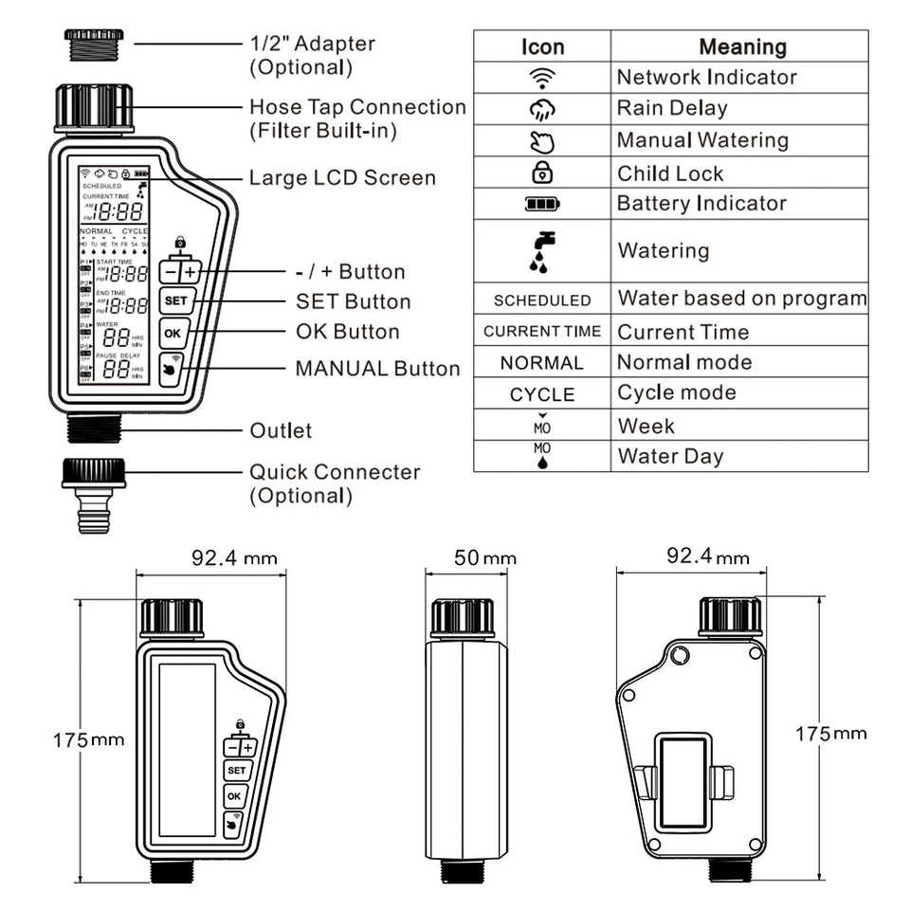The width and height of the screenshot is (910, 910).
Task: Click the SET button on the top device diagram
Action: (176, 301)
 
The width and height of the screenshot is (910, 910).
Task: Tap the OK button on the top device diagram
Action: (173, 333)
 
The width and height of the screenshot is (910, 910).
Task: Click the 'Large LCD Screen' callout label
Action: (342, 178)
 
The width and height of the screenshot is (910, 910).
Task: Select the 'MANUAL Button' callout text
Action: (377, 369)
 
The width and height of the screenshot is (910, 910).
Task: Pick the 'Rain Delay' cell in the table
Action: (672, 108)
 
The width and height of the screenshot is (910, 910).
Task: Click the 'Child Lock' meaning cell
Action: (670, 173)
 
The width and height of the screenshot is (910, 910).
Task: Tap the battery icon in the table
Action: (542, 204)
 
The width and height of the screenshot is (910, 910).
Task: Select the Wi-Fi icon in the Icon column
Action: (542, 77)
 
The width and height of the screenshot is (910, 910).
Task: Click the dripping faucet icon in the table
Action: (542, 251)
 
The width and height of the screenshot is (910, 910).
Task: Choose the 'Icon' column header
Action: (542, 46)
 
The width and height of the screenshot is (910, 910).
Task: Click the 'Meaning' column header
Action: (742, 46)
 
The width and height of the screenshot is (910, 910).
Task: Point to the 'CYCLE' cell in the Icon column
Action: (542, 394)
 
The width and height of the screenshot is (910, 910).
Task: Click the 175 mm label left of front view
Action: (87, 739)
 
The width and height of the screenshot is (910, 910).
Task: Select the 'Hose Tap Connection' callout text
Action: (357, 107)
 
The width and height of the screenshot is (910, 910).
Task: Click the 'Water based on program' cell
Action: (742, 299)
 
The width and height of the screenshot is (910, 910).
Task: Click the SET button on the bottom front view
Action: (236, 771)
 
